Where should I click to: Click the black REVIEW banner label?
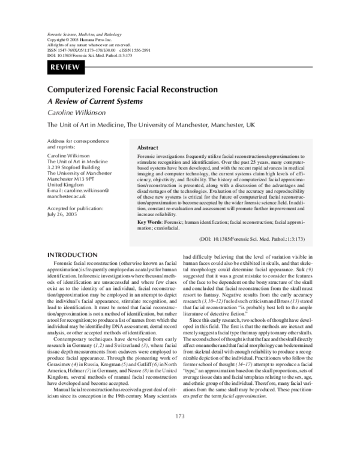point(67,67)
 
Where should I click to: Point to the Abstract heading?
point(148,147)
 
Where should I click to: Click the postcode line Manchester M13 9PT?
point(71,179)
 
